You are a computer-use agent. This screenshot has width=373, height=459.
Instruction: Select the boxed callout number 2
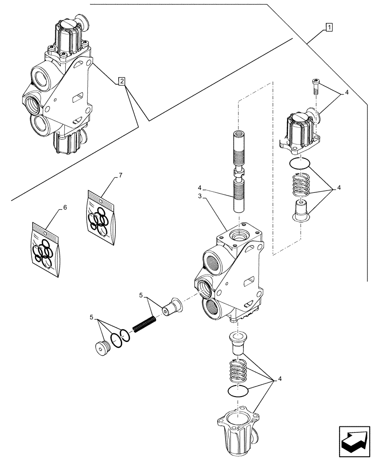(x=121, y=82)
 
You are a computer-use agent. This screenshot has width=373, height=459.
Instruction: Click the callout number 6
(x=64, y=207)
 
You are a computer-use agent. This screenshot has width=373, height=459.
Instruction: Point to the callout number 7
(x=120, y=175)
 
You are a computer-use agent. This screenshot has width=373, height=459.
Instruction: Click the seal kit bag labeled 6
(x=46, y=250)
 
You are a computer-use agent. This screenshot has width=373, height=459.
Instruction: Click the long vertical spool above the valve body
(x=240, y=172)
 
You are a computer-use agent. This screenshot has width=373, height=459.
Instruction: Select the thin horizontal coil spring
(x=145, y=320)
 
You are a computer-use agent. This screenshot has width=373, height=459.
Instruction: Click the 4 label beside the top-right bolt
(x=347, y=93)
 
